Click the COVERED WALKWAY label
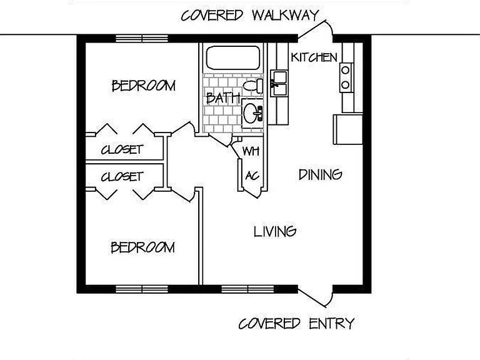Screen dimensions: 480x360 point(250,15)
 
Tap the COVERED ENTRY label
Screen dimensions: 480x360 point(296,324)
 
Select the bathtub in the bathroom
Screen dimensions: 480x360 point(233,58)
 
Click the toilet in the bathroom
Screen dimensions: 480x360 point(254,86)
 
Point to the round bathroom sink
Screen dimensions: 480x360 point(253,113)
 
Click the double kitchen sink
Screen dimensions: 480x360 point(279,83)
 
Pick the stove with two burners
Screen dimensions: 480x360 point(346,77)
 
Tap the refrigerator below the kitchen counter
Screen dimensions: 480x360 point(348,129)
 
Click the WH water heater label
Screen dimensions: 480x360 point(251,151)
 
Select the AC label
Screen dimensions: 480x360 point(252,176)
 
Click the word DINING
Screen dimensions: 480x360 point(320,174)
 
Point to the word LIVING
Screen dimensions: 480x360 point(275,231)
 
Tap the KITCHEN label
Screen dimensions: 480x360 point(314,57)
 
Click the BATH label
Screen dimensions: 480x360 point(223,97)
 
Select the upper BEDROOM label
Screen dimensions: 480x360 point(144,86)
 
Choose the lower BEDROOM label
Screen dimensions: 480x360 point(142,247)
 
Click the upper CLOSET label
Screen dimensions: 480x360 point(122,150)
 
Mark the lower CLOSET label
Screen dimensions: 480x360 point(122,177)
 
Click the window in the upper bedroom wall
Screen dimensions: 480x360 point(142,39)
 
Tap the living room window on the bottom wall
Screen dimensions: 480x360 point(247,289)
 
